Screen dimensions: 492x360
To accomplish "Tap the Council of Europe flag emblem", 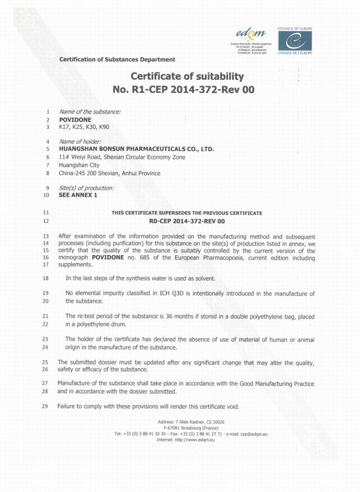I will tap(291, 40).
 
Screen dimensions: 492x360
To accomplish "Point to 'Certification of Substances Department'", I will tap(117, 60).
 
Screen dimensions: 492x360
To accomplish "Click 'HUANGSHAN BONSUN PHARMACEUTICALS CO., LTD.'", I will tap(136, 149).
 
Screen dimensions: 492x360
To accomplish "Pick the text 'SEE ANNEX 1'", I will tap(78, 195).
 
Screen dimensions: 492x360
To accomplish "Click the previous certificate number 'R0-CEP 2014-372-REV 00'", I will tap(187, 221).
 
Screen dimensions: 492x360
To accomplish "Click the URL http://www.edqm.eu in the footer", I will tap(194, 440).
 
